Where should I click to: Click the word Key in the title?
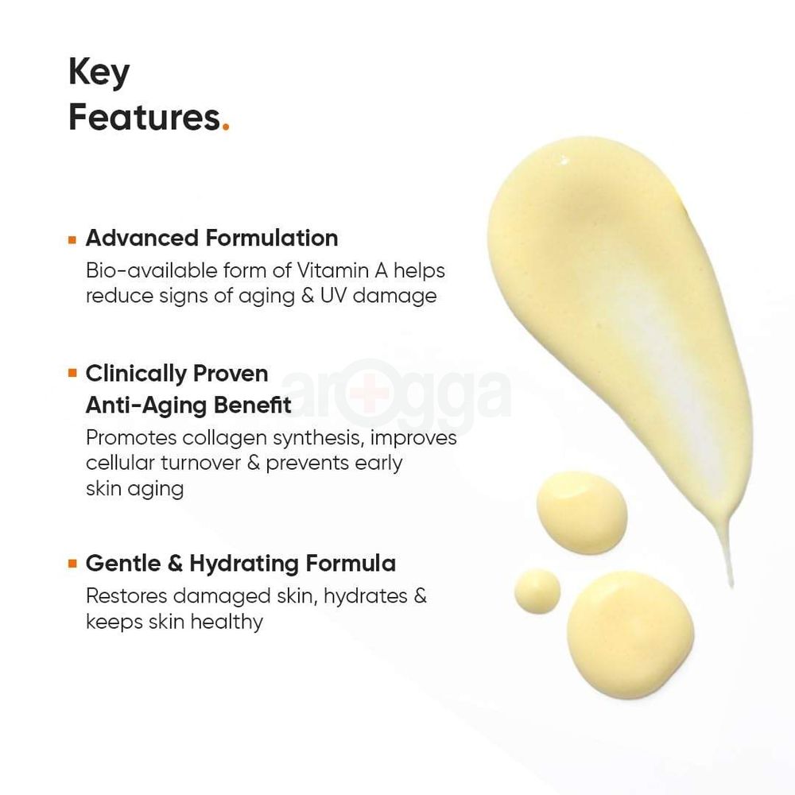(x=99, y=73)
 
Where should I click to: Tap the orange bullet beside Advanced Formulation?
(x=72, y=240)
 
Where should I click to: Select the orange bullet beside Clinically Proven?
(x=72, y=374)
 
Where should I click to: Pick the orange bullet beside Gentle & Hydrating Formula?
(x=72, y=564)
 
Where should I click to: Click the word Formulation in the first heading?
(x=272, y=238)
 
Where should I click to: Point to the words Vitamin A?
(x=342, y=271)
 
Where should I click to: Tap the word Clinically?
(x=135, y=374)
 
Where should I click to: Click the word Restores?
(x=126, y=596)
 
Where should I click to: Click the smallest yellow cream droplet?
(x=537, y=591)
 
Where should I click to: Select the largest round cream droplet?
(x=630, y=634)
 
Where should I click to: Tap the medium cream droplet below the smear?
(x=582, y=513)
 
